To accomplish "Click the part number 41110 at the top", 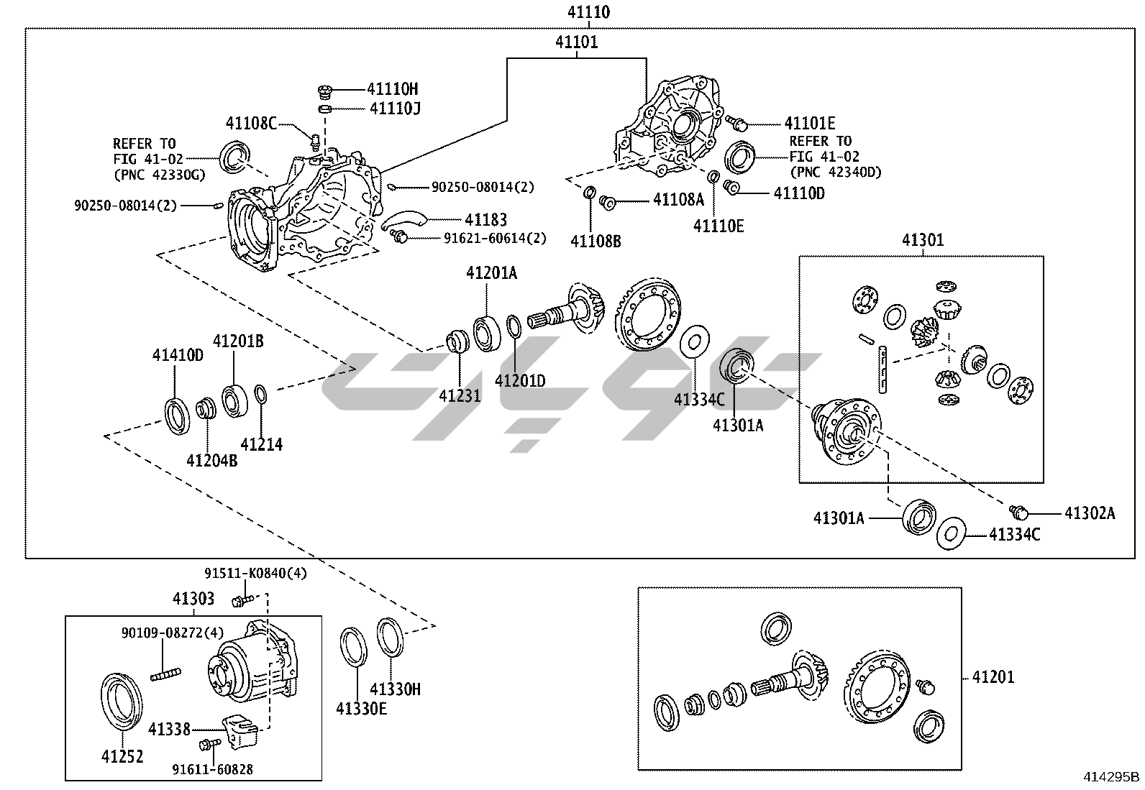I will coord(588,12).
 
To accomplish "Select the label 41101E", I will coord(809,124).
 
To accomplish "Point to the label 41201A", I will coord(491,273).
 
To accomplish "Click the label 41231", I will coord(460,395).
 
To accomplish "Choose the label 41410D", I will coord(178,355).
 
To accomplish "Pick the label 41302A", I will coord(1089,513).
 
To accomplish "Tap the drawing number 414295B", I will coord(1112,776).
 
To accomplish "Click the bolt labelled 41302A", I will coord(1018,512).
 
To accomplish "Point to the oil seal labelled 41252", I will coord(119,700).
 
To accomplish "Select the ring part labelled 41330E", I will coord(354,646).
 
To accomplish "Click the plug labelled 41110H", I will coord(325,91).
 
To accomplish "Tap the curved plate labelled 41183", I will coord(404,219).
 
